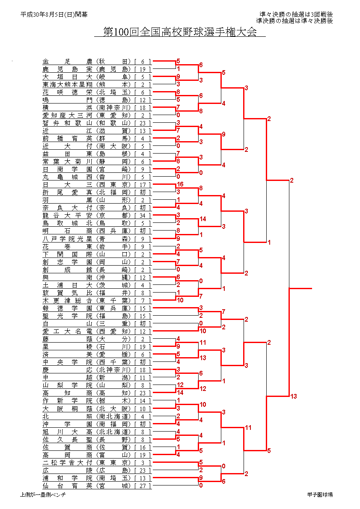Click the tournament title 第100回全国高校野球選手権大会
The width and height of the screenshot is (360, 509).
coord(180,32)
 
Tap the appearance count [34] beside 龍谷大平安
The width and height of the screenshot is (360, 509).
coord(143,216)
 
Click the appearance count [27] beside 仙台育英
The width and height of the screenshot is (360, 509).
coord(143,485)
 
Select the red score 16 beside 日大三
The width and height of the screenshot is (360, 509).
coord(180,184)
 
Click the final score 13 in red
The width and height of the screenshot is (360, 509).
coord(293,397)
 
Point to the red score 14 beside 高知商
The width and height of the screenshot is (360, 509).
coord(180,392)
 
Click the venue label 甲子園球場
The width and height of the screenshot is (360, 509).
coord(320,495)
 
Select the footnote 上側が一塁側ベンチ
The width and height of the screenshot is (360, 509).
coord(43,495)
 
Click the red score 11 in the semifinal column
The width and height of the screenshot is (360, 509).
coord(248,428)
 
